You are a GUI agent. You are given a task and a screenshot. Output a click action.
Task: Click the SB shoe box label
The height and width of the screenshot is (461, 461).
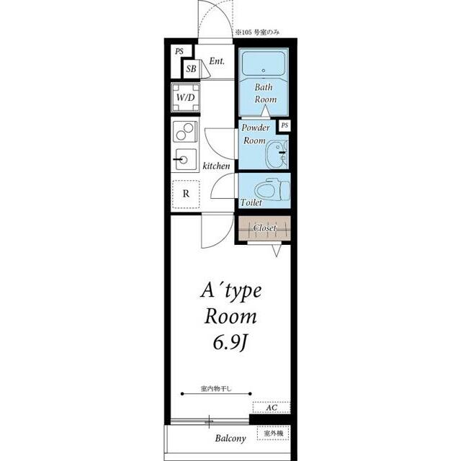(x=191, y=69)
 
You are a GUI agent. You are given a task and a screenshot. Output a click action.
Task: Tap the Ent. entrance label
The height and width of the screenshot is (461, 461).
(x=217, y=61)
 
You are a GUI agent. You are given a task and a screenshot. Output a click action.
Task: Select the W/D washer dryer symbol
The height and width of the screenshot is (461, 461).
(x=186, y=97)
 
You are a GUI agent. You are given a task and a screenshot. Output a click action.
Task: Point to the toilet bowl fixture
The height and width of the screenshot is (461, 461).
(x=272, y=190)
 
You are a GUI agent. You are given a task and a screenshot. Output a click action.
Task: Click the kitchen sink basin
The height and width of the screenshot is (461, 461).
(x=186, y=159)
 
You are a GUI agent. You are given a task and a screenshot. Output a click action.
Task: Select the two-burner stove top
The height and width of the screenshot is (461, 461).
(x=185, y=131)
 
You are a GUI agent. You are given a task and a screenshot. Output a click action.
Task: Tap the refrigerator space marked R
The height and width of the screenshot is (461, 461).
(x=186, y=194)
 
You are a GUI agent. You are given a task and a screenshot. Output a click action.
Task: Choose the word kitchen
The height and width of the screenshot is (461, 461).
(x=216, y=166)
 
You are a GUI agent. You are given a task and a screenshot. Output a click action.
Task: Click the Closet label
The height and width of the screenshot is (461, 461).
(x=264, y=228)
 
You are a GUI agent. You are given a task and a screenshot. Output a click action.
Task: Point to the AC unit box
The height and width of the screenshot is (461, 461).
(x=272, y=408)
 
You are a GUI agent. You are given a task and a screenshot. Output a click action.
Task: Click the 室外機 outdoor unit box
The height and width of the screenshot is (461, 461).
(x=273, y=433)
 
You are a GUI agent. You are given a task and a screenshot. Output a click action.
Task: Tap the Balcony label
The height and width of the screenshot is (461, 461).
(x=230, y=439)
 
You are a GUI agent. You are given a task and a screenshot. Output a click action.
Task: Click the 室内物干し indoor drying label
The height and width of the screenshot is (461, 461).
(x=216, y=389)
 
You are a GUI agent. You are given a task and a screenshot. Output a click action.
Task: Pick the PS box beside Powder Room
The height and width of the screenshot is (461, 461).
(x=285, y=125)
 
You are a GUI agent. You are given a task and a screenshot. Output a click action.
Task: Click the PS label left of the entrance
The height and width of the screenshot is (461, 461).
(x=179, y=51)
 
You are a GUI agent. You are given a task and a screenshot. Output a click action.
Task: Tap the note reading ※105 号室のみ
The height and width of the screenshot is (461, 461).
(x=256, y=32)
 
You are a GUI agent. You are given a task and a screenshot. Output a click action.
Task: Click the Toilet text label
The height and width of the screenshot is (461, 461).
(x=251, y=202)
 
